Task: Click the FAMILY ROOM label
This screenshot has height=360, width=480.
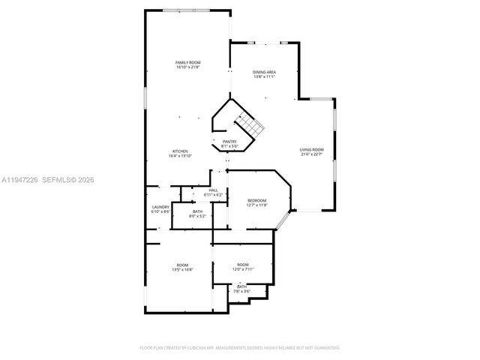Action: pos(187,62)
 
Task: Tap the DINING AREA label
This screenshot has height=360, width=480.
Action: pos(264,72)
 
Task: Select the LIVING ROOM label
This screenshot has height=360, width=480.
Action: pos(312,149)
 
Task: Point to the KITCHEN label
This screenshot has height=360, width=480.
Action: pos(180,151)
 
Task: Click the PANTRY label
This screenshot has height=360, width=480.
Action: pos(229,142)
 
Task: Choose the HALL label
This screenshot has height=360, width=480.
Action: pos(213,190)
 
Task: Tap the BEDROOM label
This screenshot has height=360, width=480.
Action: pos(257,200)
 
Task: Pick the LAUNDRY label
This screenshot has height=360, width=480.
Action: pos(161,207)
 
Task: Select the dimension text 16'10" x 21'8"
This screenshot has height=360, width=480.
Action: pos(187,67)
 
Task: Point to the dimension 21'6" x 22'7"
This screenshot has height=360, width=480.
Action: pos(312,154)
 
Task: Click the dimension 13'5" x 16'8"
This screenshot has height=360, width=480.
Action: pos(182,269)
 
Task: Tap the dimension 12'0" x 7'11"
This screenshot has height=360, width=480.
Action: pos(243,269)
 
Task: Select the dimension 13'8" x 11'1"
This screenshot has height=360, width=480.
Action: pos(264,76)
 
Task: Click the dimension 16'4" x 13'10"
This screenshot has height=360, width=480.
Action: pos(180,156)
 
